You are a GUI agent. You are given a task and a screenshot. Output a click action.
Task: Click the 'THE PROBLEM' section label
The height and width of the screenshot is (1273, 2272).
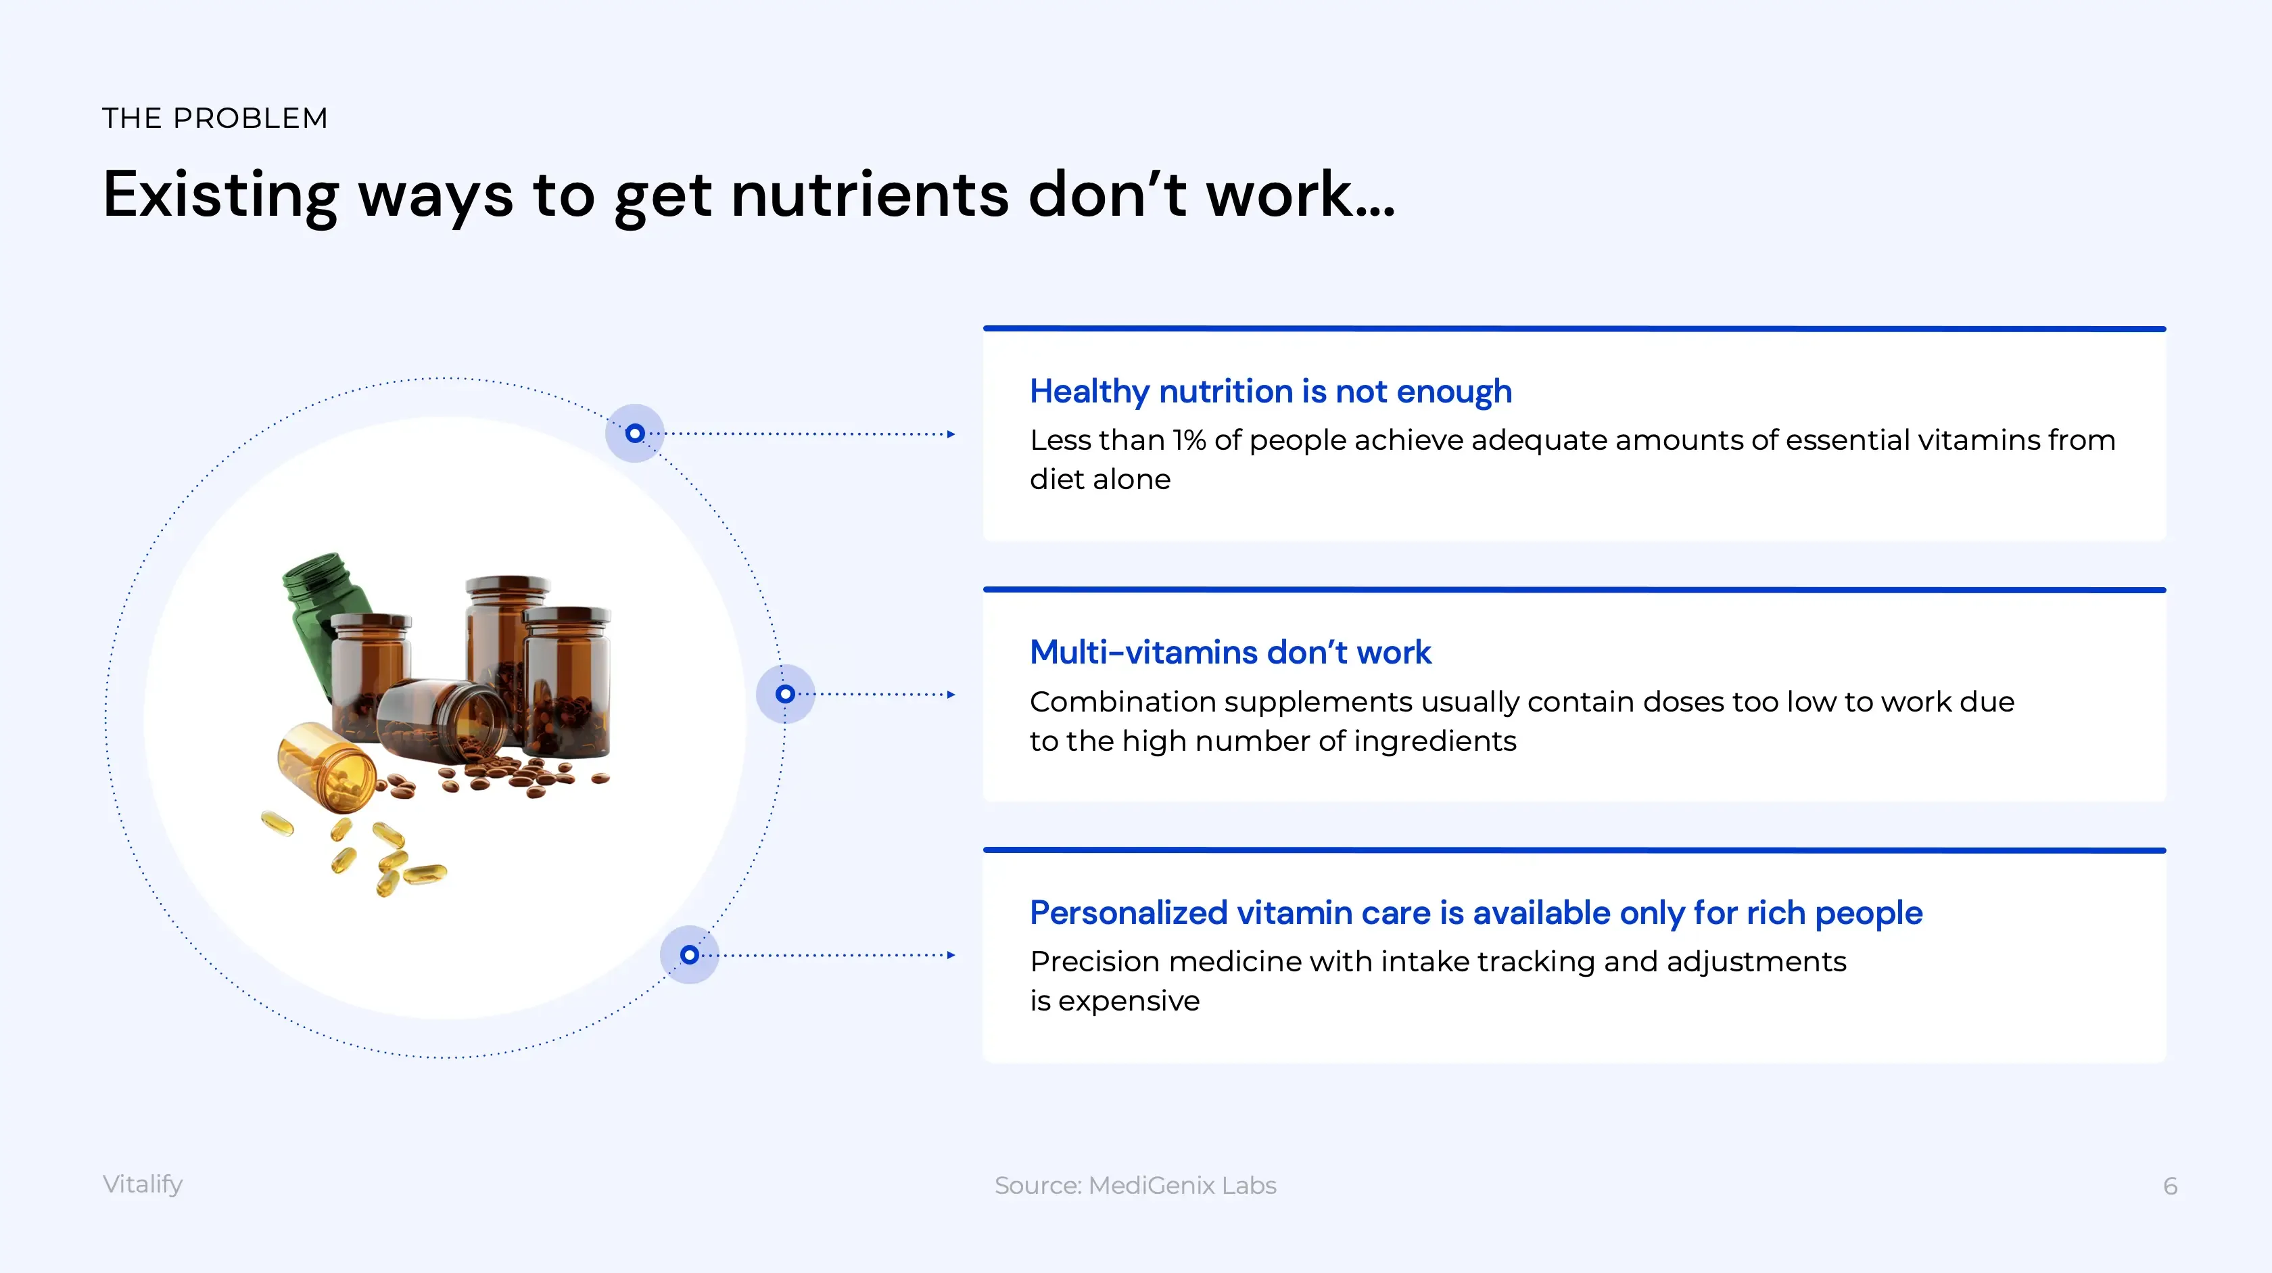tap(215, 118)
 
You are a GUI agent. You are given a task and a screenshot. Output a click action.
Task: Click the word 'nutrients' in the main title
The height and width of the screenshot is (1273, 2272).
tap(870, 194)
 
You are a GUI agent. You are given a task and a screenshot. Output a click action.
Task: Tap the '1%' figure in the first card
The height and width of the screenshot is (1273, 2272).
tap(1189, 440)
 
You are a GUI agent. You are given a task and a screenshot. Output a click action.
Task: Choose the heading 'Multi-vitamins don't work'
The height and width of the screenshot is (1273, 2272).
tap(1231, 652)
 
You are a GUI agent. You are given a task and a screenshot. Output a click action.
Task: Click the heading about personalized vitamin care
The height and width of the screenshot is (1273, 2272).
tap(1475, 913)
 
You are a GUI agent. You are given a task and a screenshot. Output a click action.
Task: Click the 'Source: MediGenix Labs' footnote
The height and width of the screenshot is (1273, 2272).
tap(1135, 1186)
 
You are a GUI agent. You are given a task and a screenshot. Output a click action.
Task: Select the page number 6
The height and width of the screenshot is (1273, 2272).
tap(2170, 1186)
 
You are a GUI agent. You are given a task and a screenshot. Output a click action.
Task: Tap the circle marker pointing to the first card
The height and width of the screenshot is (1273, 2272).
tap(635, 433)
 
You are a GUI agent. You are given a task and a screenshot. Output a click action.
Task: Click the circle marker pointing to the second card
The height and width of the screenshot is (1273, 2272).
tap(785, 694)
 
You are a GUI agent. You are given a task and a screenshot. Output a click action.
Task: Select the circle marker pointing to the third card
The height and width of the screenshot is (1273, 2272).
tap(690, 954)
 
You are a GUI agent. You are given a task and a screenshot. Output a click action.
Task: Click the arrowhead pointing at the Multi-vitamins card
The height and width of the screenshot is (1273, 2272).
tap(951, 694)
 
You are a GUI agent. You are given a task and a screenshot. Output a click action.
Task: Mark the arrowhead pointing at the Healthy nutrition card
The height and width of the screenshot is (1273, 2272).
tap(951, 434)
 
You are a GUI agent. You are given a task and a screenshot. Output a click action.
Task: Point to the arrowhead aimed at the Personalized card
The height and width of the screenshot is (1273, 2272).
tap(951, 954)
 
